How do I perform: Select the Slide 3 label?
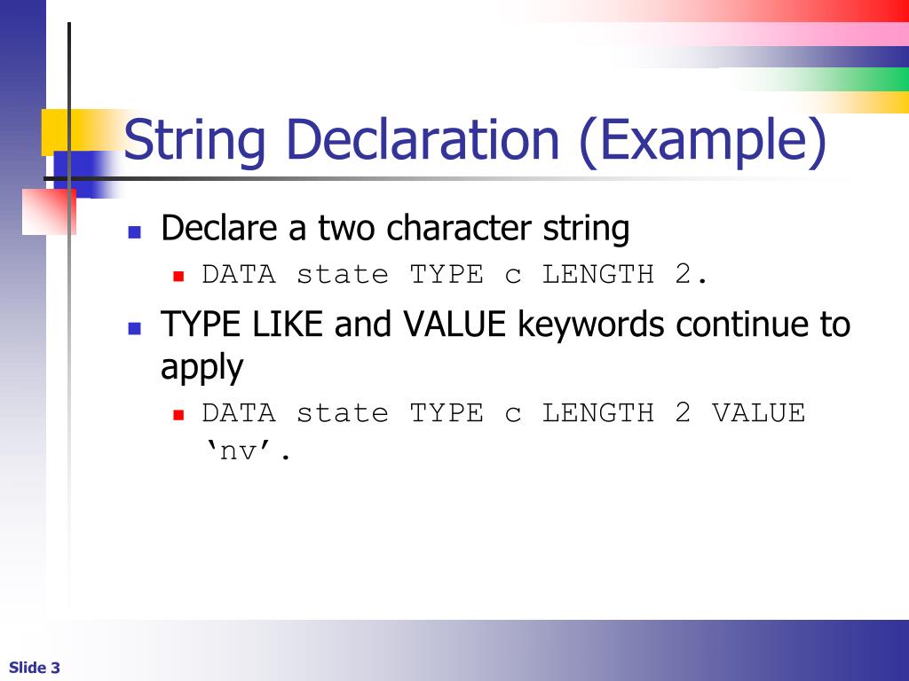(35, 668)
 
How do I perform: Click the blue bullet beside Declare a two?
(135, 232)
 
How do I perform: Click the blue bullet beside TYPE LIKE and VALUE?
(135, 328)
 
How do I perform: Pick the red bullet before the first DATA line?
(178, 277)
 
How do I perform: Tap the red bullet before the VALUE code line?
(178, 414)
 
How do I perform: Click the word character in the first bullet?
(461, 229)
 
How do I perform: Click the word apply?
(202, 368)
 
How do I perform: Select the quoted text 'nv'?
(243, 452)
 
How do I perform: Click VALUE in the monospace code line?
(758, 413)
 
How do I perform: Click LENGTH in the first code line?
(597, 275)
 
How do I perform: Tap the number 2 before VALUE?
(682, 413)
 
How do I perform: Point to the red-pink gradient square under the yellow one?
(49, 212)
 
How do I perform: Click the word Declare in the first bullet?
(218, 229)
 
